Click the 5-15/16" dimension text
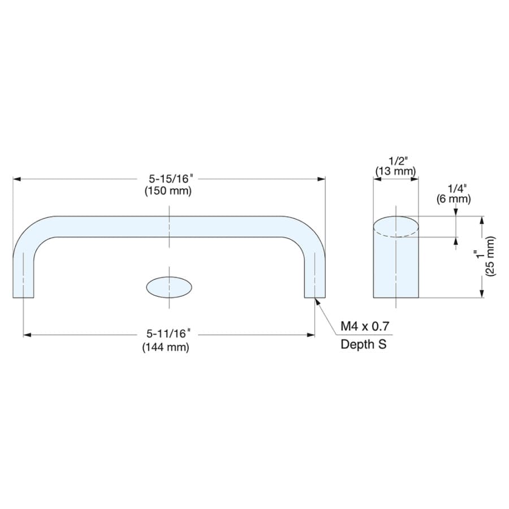[171, 179]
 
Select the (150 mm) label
[168, 191]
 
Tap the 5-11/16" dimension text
[168, 333]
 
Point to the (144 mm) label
[166, 347]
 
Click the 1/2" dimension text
[398, 161]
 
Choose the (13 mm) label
[395, 171]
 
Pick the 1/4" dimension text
[457, 188]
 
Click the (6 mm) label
[454, 199]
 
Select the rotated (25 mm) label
[490, 256]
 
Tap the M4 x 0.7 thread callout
[365, 326]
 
